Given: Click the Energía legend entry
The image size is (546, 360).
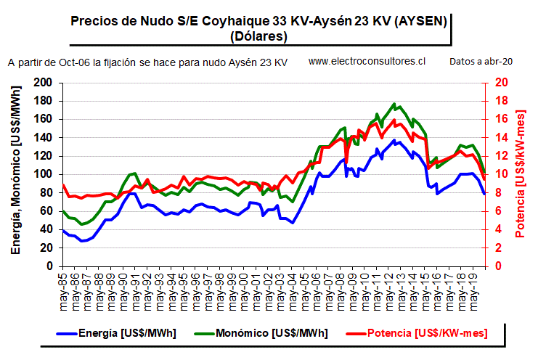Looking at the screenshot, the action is [x=116, y=333].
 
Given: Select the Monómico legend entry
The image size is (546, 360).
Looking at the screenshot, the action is [x=261, y=333].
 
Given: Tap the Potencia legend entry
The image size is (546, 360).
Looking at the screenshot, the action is [x=417, y=333].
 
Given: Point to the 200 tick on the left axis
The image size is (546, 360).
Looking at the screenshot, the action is [x=43, y=83].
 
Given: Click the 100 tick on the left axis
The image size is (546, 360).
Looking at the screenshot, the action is [x=43, y=174].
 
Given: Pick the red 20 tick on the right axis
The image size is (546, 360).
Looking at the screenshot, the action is [x=502, y=83].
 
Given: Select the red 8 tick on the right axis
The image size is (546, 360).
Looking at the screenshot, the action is [x=499, y=192].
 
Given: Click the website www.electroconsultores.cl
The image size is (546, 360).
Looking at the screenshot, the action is [x=367, y=61].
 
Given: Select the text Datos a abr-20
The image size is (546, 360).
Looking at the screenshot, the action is [x=481, y=62].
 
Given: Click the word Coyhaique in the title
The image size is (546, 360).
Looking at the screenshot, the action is [x=235, y=21].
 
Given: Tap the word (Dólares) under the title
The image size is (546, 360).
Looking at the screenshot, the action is [x=258, y=36].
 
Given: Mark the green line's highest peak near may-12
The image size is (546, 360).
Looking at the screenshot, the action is [x=394, y=103].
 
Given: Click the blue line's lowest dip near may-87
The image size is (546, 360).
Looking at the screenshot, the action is [x=82, y=241].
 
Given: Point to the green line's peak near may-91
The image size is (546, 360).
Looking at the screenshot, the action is [x=135, y=173].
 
